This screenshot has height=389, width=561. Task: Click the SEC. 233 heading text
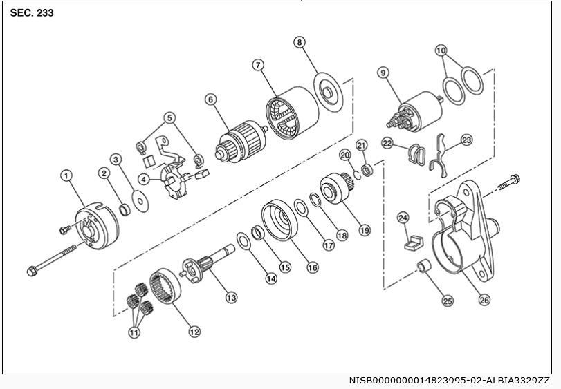tap(32, 13)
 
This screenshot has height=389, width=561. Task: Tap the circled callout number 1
tap(66, 175)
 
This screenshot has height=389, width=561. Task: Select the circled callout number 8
tap(300, 42)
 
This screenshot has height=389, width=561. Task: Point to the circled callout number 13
tap(231, 297)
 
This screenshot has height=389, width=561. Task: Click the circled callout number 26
tap(484, 300)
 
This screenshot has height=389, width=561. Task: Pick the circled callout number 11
tap(134, 333)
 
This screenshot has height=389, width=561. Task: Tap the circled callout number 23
tap(466, 140)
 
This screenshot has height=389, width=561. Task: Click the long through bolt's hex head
tap(32, 272)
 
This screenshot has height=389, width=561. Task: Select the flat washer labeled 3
tap(140, 201)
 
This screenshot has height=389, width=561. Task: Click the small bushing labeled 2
tap(125, 209)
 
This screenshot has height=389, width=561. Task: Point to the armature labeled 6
tap(241, 142)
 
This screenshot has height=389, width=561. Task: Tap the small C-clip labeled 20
tap(357, 175)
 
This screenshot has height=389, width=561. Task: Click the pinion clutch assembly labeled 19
tap(336, 188)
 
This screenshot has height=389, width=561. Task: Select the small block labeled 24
tap(414, 243)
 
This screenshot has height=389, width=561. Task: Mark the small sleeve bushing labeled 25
tap(425, 267)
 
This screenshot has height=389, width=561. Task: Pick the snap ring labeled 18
tap(315, 199)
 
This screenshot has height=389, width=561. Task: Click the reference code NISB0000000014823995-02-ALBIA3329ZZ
tap(449, 380)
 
